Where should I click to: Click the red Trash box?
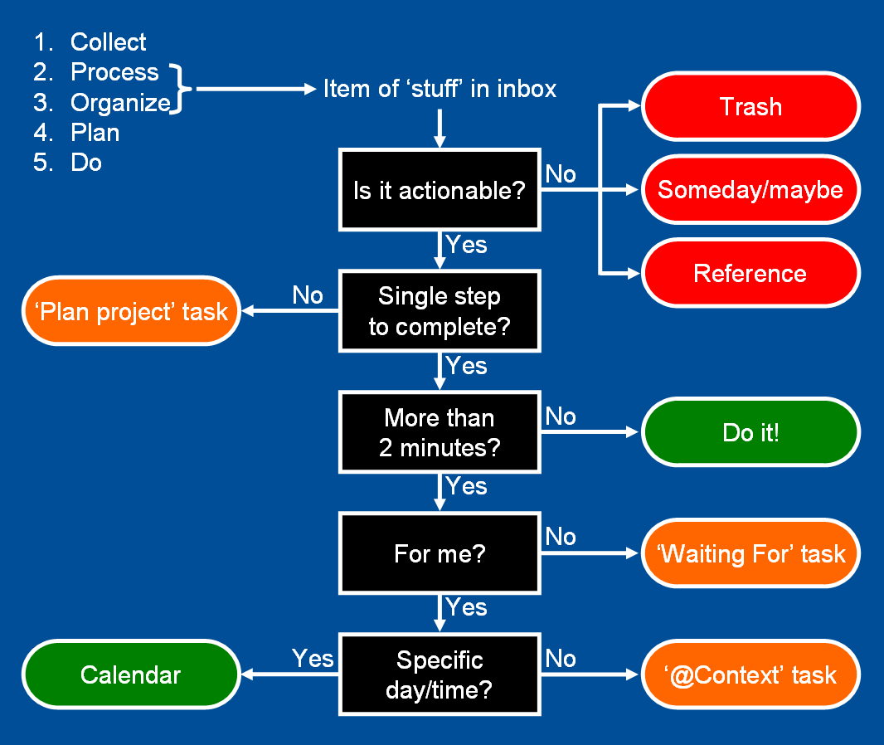[751, 106]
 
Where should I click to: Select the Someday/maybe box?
[751, 189]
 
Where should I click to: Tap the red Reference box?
[751, 273]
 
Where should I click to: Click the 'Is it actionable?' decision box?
[440, 189]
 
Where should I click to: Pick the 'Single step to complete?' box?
[440, 311]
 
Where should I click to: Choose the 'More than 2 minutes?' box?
[440, 432]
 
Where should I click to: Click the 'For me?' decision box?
[440, 553]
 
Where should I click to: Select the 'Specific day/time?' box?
[440, 674]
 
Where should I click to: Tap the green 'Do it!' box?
[751, 432]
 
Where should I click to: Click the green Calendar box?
[131, 674]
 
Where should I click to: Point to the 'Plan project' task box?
[131, 311]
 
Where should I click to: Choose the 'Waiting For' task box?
[751, 553]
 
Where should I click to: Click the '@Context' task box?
[751, 674]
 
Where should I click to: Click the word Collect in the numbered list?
[109, 42]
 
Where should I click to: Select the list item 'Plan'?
[95, 133]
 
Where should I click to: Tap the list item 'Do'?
[86, 163]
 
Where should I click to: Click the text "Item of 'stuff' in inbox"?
[440, 89]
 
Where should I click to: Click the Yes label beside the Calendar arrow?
[313, 659]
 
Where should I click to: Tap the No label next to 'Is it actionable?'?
[561, 174]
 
